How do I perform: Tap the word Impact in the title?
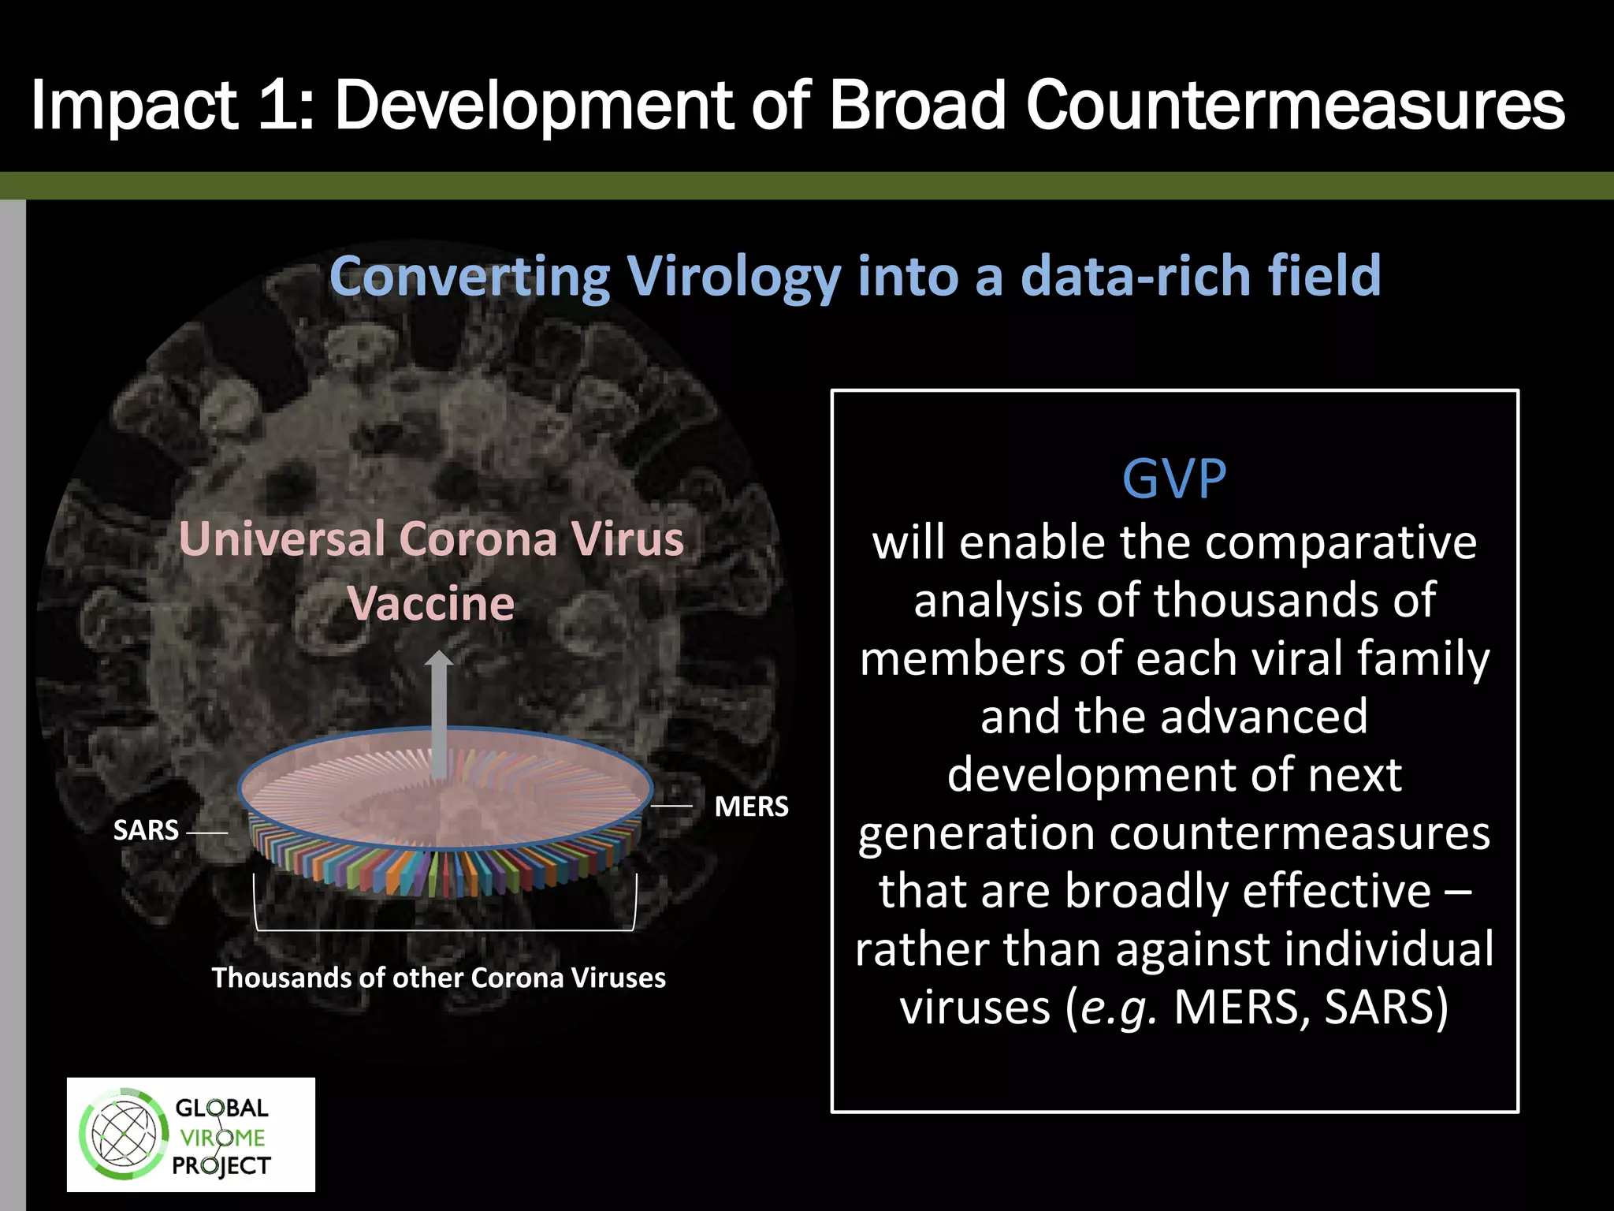point(134,106)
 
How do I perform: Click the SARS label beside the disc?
point(146,830)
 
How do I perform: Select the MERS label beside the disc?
point(750,807)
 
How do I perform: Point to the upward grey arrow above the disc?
point(439,710)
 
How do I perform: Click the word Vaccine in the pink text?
point(431,604)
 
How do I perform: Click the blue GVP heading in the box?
point(1174,479)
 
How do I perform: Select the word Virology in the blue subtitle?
point(733,278)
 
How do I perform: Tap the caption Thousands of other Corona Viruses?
point(438,978)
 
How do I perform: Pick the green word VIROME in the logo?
point(222,1138)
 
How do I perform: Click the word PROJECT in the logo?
point(221,1165)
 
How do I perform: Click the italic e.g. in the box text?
point(1118,1008)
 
